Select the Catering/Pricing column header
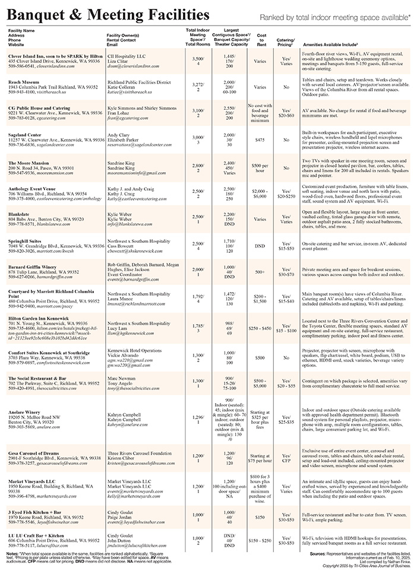pos(286,42)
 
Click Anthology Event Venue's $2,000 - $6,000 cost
pos(260,192)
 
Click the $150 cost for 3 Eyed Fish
pos(260,517)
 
